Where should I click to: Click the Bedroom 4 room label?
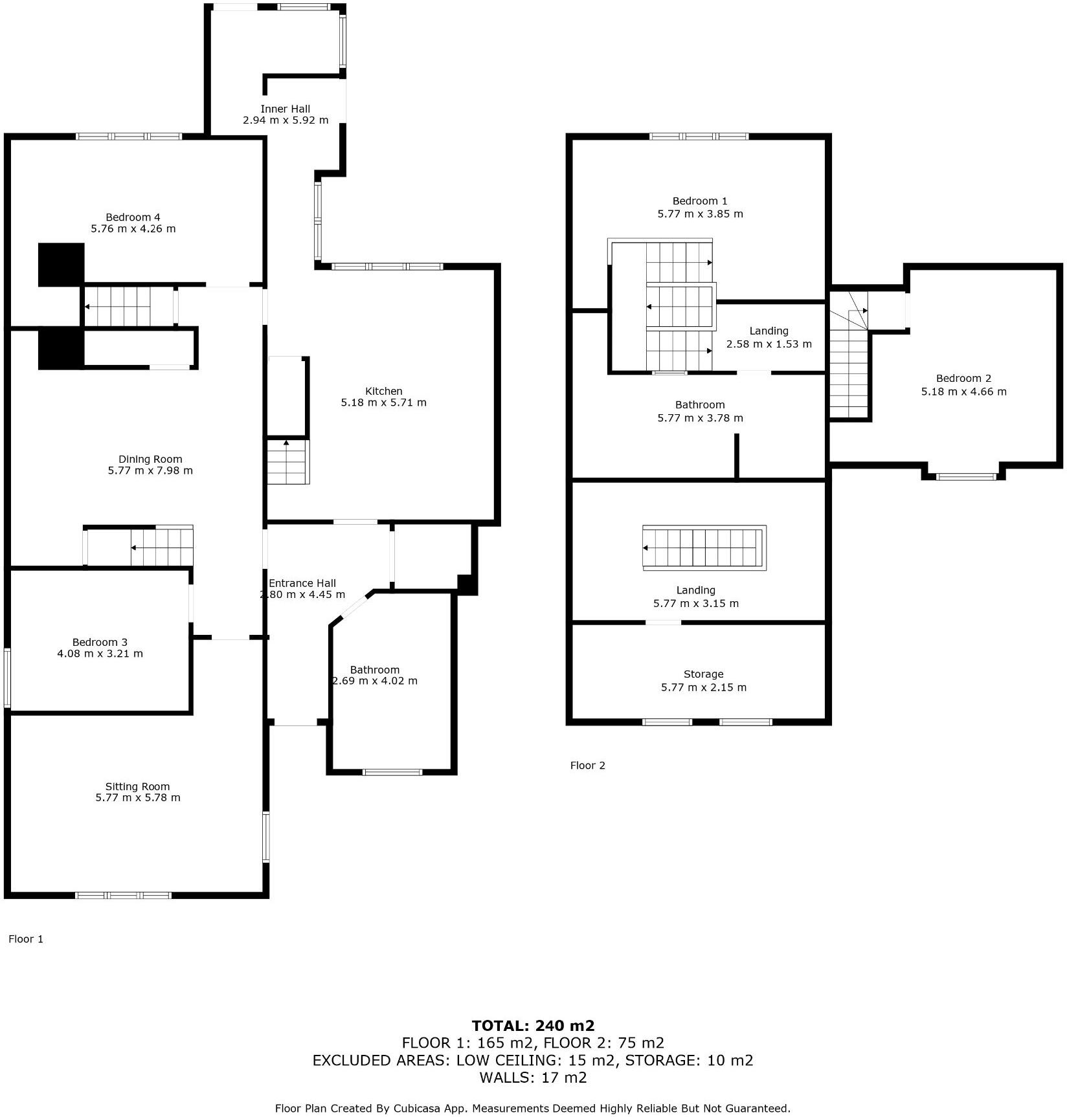133,217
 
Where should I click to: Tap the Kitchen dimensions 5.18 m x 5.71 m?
383,403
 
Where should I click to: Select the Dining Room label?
150,459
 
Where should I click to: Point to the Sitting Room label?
137,786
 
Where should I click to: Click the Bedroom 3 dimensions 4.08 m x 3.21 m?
100,654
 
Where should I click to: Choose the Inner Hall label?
285,109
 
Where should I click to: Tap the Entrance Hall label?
302,583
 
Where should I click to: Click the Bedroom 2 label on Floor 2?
963,379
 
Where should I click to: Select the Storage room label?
703,674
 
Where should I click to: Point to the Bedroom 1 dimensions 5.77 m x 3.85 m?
700,214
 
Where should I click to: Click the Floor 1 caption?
26,939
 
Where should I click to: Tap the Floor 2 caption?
587,766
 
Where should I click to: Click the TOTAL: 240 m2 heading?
533,1026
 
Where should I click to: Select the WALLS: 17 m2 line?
533,1078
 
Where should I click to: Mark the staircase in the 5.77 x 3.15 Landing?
704,548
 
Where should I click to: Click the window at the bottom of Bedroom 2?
965,477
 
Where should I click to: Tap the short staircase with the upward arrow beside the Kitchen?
288,462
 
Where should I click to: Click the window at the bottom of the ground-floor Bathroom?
392,771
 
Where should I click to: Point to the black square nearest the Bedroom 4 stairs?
61,265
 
